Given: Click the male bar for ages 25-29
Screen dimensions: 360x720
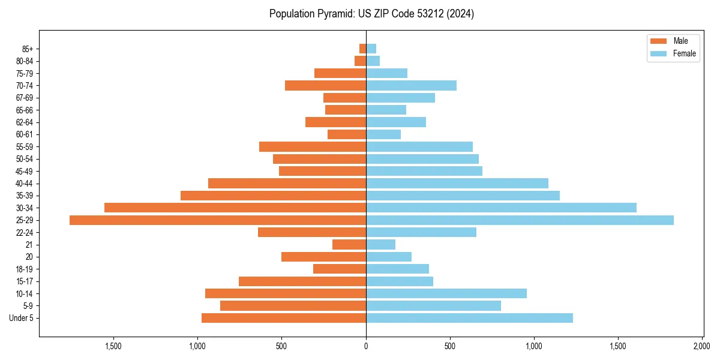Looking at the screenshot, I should coord(218,220).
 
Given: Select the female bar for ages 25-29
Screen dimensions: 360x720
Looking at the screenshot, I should coord(520,220).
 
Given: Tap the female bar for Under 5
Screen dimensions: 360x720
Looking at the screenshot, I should coord(469,318).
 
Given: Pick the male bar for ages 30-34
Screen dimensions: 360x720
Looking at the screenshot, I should coord(235,208).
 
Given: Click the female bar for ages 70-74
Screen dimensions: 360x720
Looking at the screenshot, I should coord(411,85).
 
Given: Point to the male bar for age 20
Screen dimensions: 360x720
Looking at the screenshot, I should coord(323,257).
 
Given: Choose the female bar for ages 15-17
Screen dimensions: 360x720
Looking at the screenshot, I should coord(400,281).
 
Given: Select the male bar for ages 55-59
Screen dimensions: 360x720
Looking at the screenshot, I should coord(313,146).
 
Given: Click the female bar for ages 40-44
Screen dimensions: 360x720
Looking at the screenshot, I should coord(457,183).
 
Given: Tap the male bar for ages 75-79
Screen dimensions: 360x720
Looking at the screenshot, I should coord(340,73).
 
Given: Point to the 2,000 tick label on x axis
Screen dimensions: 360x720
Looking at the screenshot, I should coord(702,346).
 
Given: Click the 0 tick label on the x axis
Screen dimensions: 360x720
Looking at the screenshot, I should coord(366,346).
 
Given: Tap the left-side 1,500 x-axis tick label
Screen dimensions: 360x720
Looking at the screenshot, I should coord(113,346).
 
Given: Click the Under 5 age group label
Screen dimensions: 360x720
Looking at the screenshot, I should coord(21,318).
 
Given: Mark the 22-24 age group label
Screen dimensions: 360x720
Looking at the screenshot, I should coord(24,232).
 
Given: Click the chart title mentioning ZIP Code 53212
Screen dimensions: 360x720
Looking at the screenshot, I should coord(372,14).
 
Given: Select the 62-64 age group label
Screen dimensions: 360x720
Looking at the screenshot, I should coord(24,122).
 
